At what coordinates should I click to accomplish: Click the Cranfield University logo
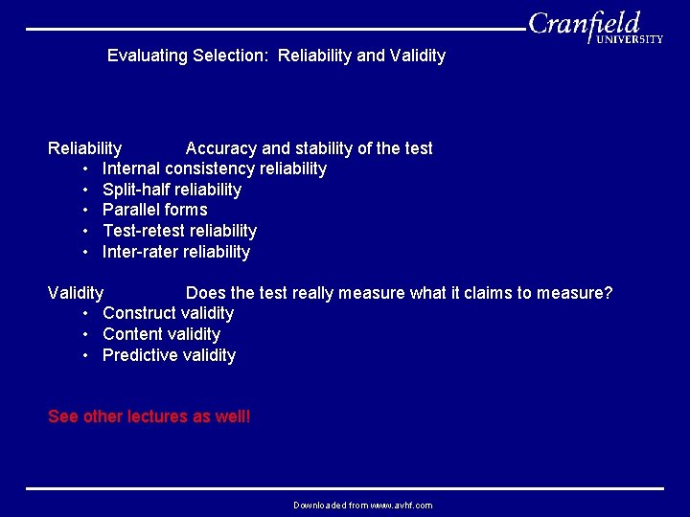coord(594,26)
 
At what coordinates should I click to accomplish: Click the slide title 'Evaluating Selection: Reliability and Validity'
coord(276,56)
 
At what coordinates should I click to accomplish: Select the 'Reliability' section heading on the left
coord(84,148)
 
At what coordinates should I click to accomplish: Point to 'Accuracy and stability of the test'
coord(309,148)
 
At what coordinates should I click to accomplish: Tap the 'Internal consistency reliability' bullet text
coord(214,169)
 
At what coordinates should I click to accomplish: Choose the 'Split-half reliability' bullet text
coord(172,190)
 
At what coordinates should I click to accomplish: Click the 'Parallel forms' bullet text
coord(154,210)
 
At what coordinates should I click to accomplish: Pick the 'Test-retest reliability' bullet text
coord(179,231)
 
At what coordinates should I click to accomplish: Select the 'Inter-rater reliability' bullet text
coord(175,252)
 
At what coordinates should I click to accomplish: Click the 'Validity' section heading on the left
coord(76,292)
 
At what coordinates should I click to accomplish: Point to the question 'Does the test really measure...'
coord(399,292)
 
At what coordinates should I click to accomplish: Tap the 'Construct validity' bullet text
coord(168,313)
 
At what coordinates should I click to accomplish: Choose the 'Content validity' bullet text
coord(161,334)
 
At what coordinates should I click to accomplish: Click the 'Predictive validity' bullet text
coord(169,355)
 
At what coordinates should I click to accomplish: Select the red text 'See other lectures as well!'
coord(149,416)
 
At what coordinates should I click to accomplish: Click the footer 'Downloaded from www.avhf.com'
coord(362,505)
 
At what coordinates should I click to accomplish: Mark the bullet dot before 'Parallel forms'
coord(85,210)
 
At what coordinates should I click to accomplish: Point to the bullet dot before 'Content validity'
coord(85,334)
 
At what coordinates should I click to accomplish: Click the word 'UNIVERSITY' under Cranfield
coord(629,40)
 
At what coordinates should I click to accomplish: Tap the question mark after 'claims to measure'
coord(608,292)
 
